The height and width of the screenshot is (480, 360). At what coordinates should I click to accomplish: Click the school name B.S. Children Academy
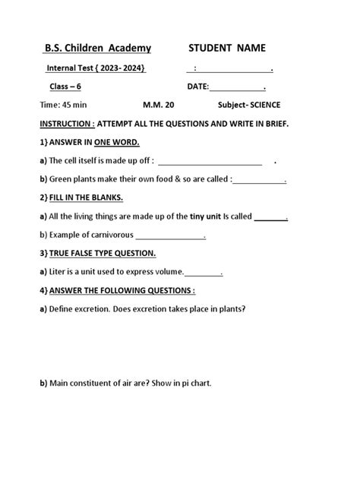point(98,49)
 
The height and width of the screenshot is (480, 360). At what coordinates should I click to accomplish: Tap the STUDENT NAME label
point(227,49)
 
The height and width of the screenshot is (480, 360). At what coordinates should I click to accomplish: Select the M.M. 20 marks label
point(158,106)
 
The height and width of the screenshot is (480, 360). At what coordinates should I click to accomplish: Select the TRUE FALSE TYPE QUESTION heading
point(103,253)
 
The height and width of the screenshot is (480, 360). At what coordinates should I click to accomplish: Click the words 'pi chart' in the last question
point(192,383)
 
